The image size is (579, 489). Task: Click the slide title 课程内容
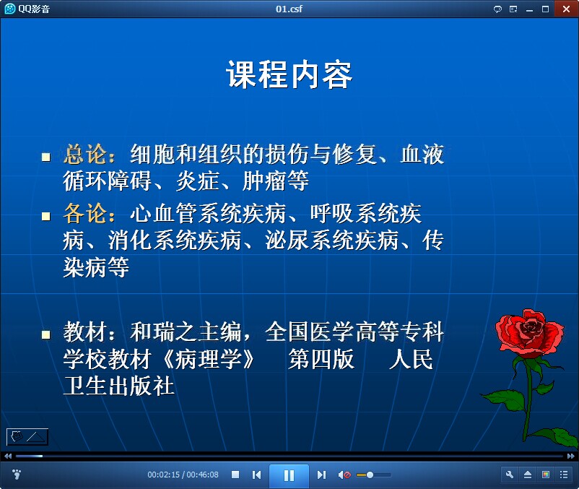(x=289, y=75)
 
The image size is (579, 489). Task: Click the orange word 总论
(x=85, y=154)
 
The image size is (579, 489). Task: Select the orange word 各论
(x=85, y=213)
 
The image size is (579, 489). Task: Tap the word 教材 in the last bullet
(x=85, y=332)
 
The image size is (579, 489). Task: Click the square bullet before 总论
(x=46, y=157)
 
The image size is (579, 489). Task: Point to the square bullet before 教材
(x=46, y=334)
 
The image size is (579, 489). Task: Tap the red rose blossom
(x=530, y=331)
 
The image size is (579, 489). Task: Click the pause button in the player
(x=289, y=475)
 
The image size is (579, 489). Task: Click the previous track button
(x=256, y=475)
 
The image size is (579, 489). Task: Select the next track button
(x=321, y=475)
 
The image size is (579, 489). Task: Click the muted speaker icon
(x=344, y=475)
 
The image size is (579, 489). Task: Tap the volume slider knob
(x=370, y=475)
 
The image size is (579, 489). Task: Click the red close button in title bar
(x=567, y=9)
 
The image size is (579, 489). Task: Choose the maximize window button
(x=545, y=9)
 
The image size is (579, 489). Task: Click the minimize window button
(x=529, y=10)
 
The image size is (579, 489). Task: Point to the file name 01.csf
(x=289, y=9)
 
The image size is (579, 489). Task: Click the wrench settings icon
(x=510, y=475)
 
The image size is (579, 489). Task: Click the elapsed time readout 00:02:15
(x=164, y=475)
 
